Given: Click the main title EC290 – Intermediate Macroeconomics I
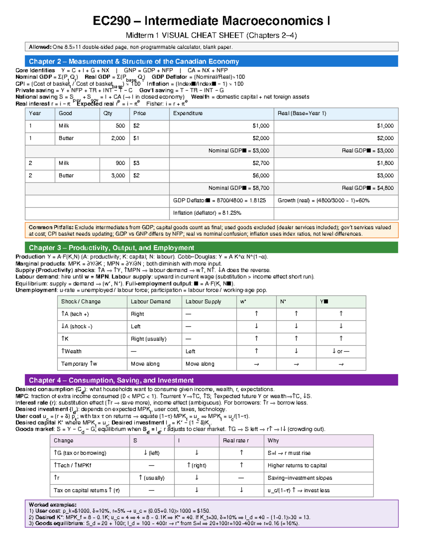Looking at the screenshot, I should pyautogui.click(x=211, y=21).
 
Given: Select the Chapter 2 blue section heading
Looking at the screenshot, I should pyautogui.click(x=134, y=61).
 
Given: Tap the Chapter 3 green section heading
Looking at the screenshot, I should pyautogui.click(x=111, y=248).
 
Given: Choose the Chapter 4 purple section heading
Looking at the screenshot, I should pyautogui.click(x=111, y=380).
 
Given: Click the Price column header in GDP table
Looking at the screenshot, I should pyautogui.click(x=140, y=113).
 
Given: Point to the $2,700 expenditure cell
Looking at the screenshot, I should pyautogui.click(x=261, y=163).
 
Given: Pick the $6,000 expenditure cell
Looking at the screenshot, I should pyautogui.click(x=261, y=175).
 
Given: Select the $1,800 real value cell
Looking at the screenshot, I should pyautogui.click(x=385, y=163).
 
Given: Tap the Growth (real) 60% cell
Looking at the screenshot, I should pyautogui.click(x=324, y=200).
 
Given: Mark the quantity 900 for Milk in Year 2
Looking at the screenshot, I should pyautogui.click(x=120, y=163).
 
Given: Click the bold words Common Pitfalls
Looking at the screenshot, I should pyautogui.click(x=51, y=228).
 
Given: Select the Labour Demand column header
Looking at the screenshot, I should pyautogui.click(x=151, y=302).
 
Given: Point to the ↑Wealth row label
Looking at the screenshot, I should pyautogui.click(x=71, y=351).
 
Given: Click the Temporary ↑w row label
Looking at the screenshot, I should pyautogui.click(x=79, y=364).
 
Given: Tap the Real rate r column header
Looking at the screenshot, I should pyautogui.click(x=235, y=441).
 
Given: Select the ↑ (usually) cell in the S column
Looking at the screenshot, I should pyautogui.click(x=152, y=478).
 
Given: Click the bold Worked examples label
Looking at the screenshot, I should pyautogui.click(x=53, y=505).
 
